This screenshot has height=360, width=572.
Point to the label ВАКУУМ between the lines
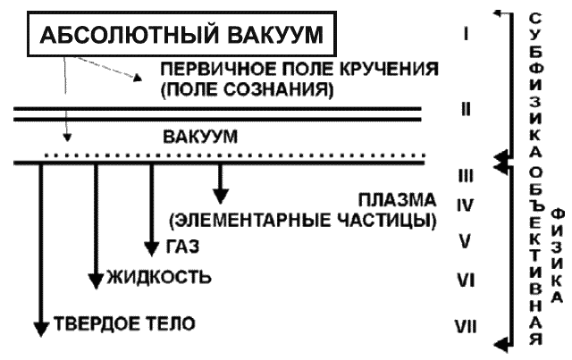coord(200,138)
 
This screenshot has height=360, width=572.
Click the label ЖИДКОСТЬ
coord(159,275)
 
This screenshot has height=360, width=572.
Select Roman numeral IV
coord(465,205)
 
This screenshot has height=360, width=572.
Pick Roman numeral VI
coord(465,280)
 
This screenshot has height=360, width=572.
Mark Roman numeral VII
coord(465,324)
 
